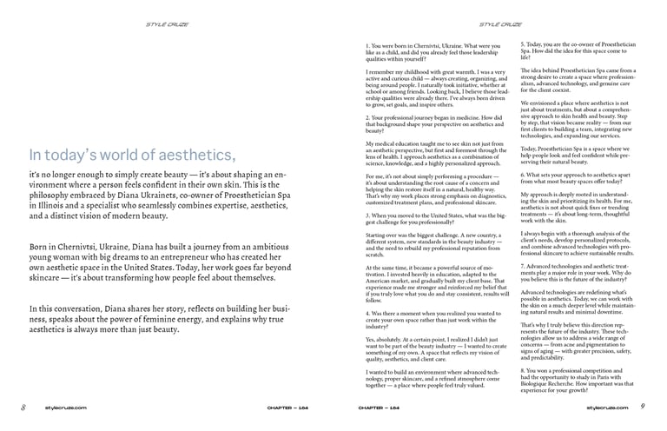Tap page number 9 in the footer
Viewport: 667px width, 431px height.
(642, 406)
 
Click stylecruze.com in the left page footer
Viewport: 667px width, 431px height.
(66, 407)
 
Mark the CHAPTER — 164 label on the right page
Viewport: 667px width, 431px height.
(380, 407)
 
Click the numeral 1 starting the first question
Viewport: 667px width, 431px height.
(367, 45)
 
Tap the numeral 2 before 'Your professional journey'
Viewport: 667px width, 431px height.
(368, 117)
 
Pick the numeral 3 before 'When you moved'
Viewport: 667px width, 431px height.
(368, 214)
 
